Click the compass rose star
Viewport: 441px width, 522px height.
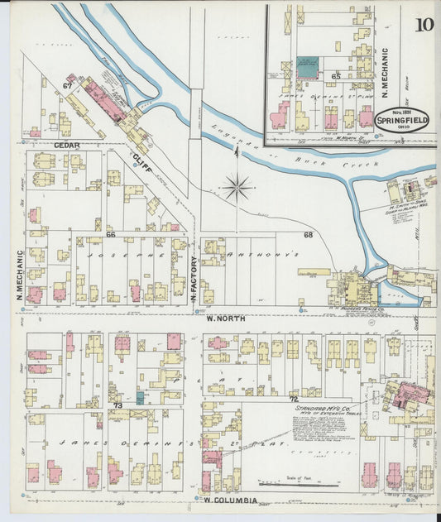click(237, 188)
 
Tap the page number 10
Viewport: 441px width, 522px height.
click(424, 23)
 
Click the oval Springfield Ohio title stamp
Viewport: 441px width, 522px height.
click(402, 121)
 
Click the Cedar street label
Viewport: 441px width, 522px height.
click(66, 146)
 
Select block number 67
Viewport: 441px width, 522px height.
click(67, 84)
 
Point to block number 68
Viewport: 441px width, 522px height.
click(308, 235)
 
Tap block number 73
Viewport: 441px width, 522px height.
click(117, 405)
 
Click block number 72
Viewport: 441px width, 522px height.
click(293, 400)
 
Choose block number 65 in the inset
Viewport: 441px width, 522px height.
click(335, 76)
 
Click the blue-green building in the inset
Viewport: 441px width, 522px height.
click(307, 67)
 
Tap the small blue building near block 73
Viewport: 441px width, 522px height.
click(140, 398)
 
